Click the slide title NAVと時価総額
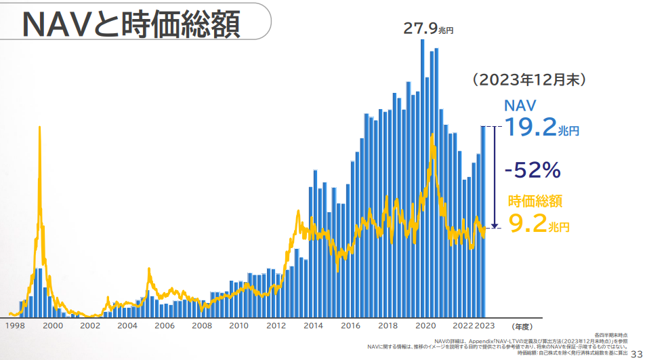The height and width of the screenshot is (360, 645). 131,24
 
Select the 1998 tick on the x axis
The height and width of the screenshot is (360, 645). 16,326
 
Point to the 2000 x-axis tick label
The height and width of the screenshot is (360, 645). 53,326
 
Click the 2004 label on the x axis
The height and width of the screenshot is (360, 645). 127,326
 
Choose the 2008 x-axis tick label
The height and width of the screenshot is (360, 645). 201,326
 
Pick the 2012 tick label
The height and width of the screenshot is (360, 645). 276,326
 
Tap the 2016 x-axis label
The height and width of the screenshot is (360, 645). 350,326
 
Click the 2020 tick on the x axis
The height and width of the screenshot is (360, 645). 425,326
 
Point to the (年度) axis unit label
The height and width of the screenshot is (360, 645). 524,326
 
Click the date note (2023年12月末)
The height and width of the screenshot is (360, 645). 528,79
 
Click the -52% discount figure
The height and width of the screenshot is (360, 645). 532,170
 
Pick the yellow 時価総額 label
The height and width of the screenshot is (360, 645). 535,201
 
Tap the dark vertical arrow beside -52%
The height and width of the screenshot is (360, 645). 495,176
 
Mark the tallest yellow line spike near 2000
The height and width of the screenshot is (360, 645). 40,129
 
